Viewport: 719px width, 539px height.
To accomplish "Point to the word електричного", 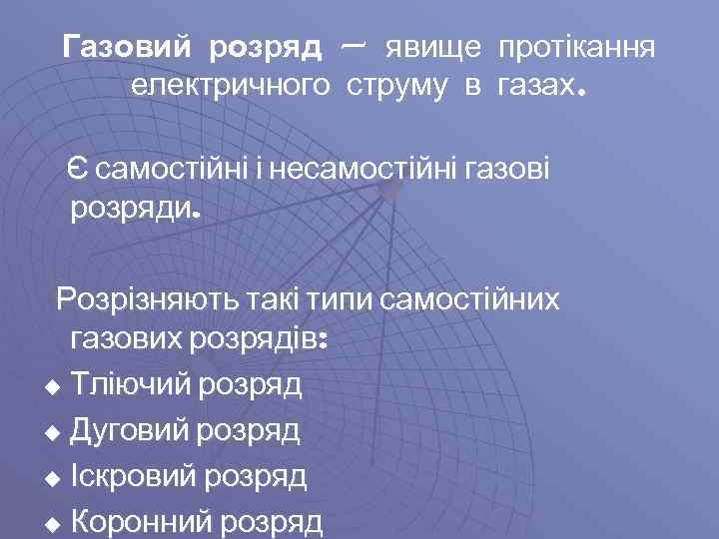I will coord(231,86).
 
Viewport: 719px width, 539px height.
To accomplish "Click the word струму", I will coord(397,88).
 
